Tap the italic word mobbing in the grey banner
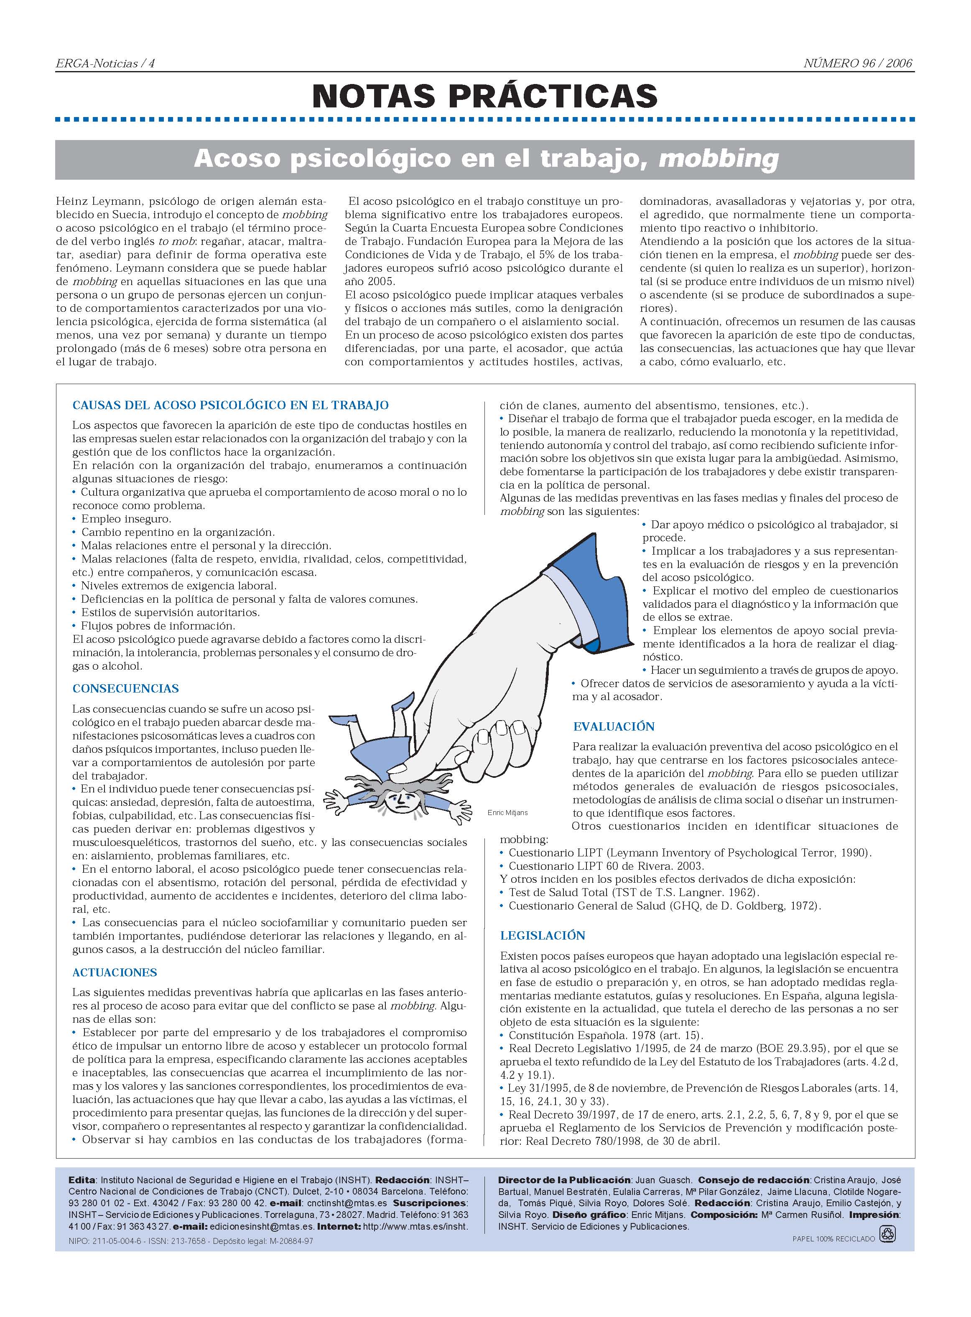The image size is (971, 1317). click(x=718, y=159)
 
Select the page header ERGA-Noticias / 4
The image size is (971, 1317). click(x=104, y=64)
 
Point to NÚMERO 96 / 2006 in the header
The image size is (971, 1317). click(x=858, y=64)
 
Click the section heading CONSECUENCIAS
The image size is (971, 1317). click(x=125, y=688)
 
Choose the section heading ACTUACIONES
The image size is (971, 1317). click(x=115, y=973)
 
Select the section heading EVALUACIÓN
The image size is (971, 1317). click(x=614, y=726)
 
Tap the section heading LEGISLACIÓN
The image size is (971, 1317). click(x=543, y=935)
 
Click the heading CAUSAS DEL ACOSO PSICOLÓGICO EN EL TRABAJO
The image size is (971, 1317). click(x=230, y=405)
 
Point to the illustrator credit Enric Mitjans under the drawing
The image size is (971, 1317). click(x=507, y=813)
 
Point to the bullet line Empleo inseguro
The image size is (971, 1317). click(x=126, y=519)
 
